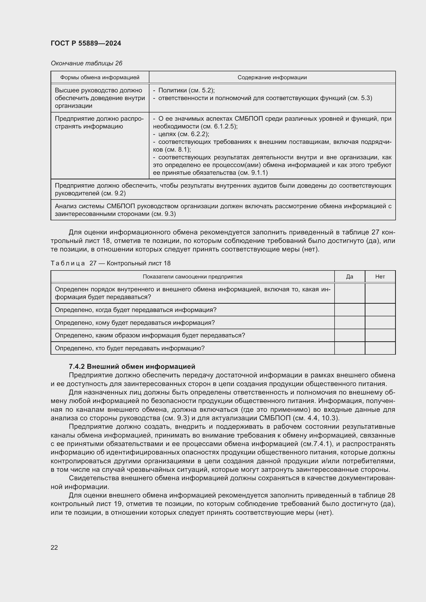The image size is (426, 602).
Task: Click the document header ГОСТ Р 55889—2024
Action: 86,43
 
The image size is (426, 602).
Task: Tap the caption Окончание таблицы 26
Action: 86,63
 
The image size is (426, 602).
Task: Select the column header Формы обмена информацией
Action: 100,77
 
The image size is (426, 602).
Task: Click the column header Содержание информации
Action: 272,77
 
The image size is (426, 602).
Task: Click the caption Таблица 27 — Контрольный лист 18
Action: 110,263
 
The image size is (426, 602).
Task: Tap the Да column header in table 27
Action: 350,277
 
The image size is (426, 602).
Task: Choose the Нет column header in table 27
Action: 380,277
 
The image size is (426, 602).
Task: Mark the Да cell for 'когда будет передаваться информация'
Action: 350,310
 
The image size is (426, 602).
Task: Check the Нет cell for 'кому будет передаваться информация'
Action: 380,323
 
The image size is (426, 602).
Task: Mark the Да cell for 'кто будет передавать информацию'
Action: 350,348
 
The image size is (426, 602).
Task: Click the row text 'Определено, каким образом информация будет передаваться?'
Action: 150,335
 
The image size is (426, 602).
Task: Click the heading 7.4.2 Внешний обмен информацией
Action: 132,366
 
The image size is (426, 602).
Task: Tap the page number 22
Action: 54,547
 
